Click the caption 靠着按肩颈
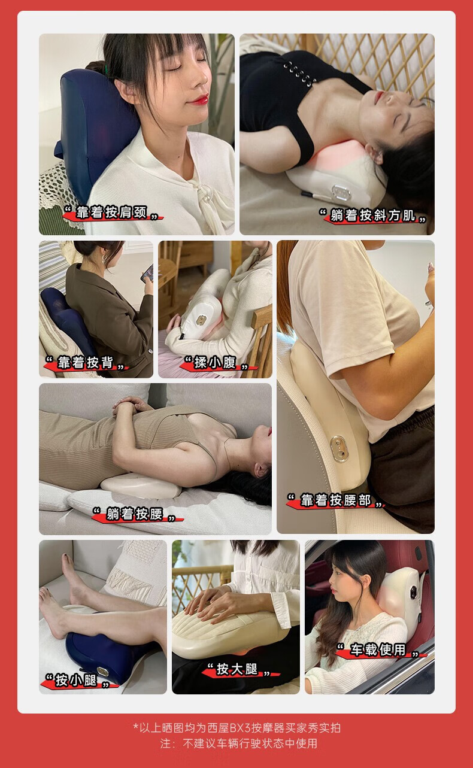pyautogui.click(x=111, y=213)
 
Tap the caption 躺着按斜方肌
pyautogui.click(x=373, y=215)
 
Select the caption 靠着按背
pyautogui.click(x=86, y=362)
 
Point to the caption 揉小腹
pyautogui.click(x=216, y=362)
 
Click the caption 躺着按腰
pyautogui.click(x=135, y=514)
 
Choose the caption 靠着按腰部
pyautogui.click(x=335, y=500)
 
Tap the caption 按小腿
pyautogui.click(x=77, y=680)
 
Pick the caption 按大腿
pyautogui.click(x=237, y=669)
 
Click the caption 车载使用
pyautogui.click(x=378, y=649)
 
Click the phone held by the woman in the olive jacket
pyautogui.click(x=148, y=273)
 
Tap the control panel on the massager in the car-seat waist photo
pyautogui.click(x=338, y=449)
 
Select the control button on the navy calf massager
pyautogui.click(x=102, y=671)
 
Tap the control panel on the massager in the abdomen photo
pyautogui.click(x=201, y=320)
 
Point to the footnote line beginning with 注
pyautogui.click(x=238, y=743)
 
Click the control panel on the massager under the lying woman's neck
pyautogui.click(x=341, y=192)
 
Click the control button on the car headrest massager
pyautogui.click(x=413, y=591)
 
